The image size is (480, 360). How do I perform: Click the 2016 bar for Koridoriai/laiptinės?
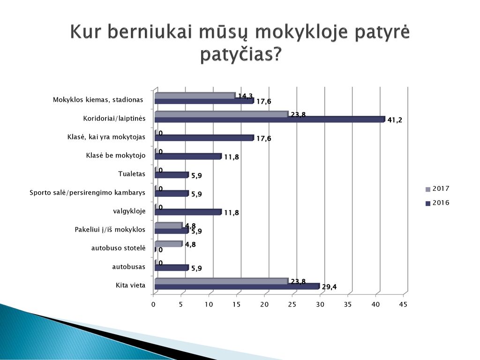coord(270,120)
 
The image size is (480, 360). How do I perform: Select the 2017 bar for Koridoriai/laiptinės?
coord(221,114)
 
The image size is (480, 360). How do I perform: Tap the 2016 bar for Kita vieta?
coord(237,286)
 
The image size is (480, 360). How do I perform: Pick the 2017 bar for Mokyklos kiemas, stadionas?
coord(195,96)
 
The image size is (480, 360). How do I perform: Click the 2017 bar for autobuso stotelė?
coord(168,244)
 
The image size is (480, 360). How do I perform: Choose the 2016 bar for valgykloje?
coord(188,212)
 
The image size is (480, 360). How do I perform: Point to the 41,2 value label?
coord(395,120)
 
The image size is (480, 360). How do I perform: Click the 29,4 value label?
coord(329,287)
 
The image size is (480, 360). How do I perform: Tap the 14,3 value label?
coord(246,96)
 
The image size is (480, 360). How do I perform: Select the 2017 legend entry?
coord(437,188)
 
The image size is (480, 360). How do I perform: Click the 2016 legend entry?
coord(437,202)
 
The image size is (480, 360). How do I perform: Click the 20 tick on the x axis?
coord(264,304)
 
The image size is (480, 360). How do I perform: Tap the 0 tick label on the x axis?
coord(153,304)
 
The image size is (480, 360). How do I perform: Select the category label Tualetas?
coord(132,174)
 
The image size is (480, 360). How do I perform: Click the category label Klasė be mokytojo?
coord(116,156)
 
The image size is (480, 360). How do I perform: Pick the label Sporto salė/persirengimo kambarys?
coord(87,193)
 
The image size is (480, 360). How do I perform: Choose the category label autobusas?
coord(128,267)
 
